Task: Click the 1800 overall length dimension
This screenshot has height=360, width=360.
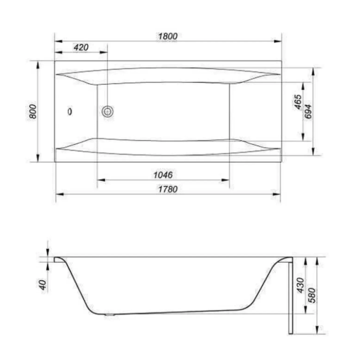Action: point(168,36)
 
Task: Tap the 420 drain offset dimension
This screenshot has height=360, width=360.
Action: point(81,48)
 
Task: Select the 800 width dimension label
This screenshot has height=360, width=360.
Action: point(33,111)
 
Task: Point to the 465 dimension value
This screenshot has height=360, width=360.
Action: point(298,102)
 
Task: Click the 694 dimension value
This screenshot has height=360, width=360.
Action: point(308,111)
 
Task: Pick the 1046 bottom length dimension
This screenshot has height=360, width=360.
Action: point(163,175)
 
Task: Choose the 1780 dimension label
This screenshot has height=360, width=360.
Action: point(168,189)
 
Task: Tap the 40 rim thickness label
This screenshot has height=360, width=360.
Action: point(43,285)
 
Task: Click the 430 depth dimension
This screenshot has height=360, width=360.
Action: point(300,285)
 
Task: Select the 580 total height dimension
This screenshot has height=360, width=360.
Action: point(312,296)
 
